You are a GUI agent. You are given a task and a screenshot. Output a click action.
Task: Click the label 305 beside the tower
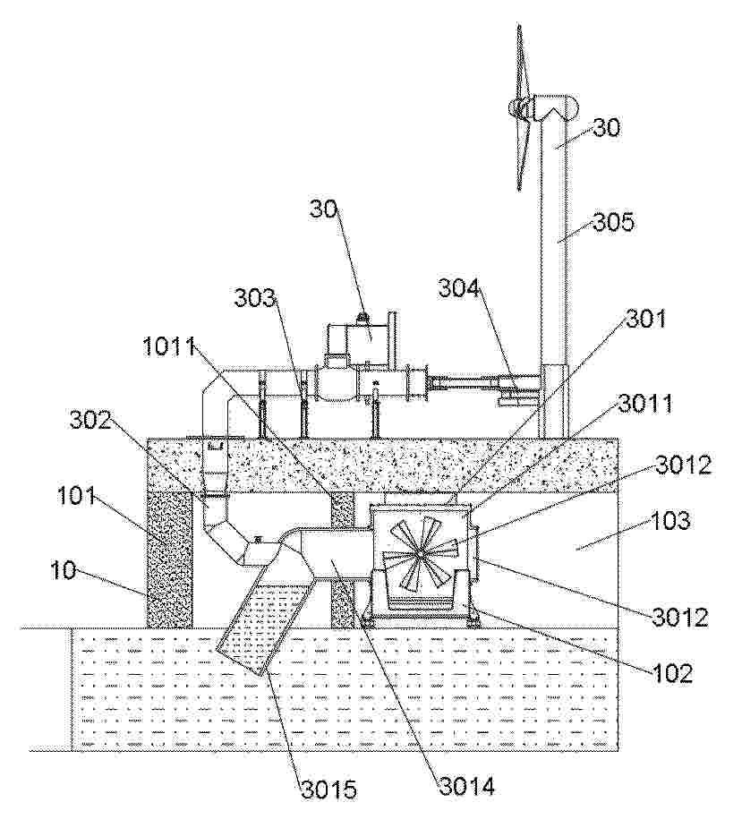point(613,222)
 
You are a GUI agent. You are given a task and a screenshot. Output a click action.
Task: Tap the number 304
point(459,289)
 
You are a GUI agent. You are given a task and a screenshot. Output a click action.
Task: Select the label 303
point(255,298)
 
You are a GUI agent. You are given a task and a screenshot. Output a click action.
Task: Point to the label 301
point(646,319)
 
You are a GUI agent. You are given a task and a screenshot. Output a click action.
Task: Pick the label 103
point(670,521)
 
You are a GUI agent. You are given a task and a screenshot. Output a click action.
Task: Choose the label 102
point(671,674)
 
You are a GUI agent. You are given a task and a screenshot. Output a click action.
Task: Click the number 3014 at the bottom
point(467,786)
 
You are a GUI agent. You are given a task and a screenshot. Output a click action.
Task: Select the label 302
point(90,421)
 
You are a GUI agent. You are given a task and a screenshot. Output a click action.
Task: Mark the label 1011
point(169,347)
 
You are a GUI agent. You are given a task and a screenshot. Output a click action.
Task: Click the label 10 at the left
point(64,571)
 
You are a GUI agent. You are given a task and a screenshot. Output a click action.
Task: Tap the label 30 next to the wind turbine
point(606,128)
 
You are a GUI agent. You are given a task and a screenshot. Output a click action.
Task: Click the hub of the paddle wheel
point(421,554)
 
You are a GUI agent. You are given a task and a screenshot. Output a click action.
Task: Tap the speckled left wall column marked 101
point(169,559)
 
